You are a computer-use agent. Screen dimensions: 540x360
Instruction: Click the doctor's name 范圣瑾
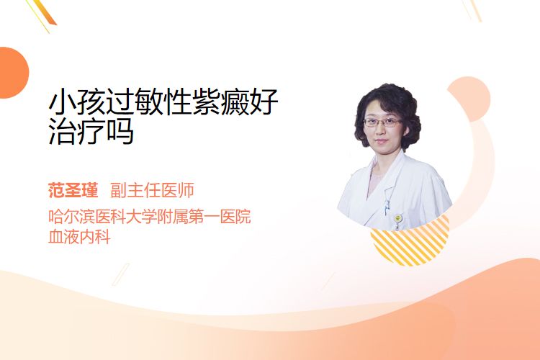(73, 190)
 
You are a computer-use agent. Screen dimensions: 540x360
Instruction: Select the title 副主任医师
(152, 190)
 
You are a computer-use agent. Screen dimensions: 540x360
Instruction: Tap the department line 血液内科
(79, 237)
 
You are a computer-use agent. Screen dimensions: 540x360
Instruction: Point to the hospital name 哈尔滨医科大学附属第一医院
(150, 216)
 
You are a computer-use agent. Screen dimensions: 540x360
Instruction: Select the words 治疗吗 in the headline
(91, 131)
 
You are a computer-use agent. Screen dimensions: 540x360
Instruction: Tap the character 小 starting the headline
(63, 102)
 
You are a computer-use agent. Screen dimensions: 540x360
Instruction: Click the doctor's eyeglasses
(383, 122)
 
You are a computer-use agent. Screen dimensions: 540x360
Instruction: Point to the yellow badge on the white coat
(397, 218)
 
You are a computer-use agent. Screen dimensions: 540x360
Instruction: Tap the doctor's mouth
(381, 140)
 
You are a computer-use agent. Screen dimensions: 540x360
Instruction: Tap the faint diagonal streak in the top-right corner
(472, 9)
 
